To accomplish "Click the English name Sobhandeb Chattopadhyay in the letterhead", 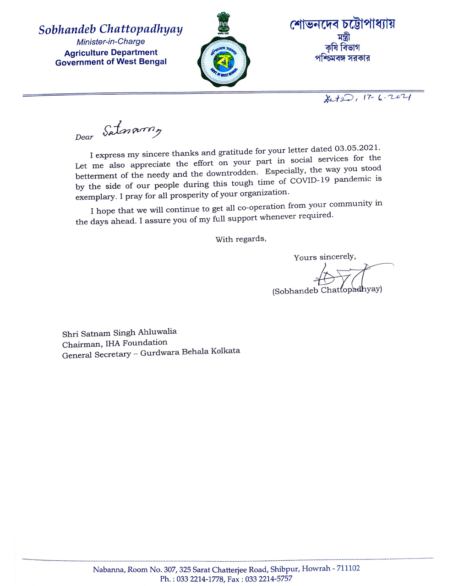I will point(110,30).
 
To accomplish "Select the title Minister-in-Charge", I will point(111,42).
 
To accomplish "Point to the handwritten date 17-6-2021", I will point(382,98).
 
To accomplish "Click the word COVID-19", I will point(311,179).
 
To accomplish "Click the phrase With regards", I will point(240,239).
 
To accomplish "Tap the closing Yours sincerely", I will point(325,257).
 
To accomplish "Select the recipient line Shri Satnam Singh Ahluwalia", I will point(120,333).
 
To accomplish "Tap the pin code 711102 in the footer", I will point(349,569).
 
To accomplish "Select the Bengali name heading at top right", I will point(342,25).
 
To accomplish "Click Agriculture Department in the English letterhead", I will point(111,53).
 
